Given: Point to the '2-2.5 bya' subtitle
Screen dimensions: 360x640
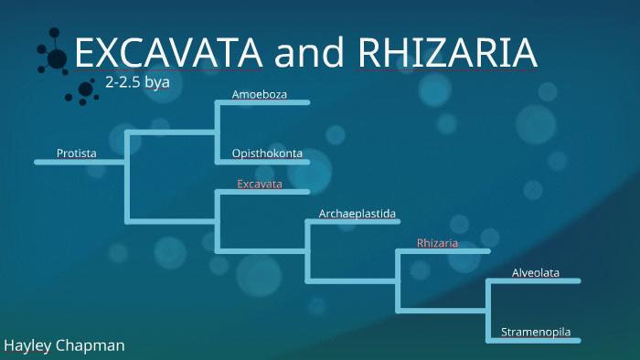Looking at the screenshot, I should point(137,82).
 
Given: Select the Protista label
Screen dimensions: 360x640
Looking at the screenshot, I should point(77,153).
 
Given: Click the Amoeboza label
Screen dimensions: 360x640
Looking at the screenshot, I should point(260,94).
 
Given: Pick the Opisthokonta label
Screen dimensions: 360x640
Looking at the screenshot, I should point(267,153).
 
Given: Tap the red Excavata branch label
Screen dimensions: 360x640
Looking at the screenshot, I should point(260,185).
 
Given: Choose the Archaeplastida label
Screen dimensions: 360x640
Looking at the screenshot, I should point(357,214).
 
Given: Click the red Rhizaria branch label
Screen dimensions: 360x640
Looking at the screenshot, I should point(437,243).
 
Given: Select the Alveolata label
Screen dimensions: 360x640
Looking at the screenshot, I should point(536,272).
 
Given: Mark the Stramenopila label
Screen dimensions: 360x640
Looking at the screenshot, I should point(536,332).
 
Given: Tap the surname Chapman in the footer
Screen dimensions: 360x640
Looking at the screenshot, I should point(92,346).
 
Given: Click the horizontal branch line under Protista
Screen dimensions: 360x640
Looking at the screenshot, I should point(80,163).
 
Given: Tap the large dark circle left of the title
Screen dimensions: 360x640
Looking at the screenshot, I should point(57,59).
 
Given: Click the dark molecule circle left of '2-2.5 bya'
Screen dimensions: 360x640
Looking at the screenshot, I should point(86,90).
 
